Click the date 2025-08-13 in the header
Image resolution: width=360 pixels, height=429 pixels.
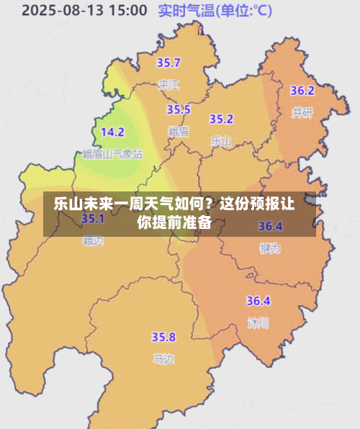64,11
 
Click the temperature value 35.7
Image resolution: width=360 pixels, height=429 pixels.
169,63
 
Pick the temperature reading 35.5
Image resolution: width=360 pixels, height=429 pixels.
179,109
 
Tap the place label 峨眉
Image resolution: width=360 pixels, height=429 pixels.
178,131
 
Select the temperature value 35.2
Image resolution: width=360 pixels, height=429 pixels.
221,119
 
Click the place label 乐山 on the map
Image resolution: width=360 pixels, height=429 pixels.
221,141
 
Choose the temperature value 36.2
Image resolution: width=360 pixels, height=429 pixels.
302,91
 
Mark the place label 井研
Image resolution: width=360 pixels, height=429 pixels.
302,112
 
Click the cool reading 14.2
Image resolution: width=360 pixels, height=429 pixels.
112,132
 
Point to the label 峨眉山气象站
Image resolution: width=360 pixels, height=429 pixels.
112,154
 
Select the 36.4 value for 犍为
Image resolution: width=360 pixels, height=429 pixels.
270,226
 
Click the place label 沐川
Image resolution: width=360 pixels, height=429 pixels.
258,322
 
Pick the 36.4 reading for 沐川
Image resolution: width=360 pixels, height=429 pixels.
258,301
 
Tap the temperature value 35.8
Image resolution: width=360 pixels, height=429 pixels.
163,336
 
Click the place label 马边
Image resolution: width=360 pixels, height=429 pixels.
163,358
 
